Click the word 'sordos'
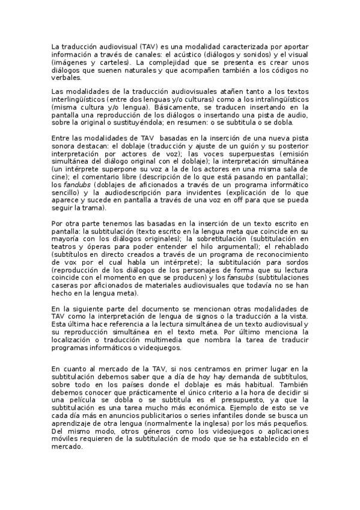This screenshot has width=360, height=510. point(296,263)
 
